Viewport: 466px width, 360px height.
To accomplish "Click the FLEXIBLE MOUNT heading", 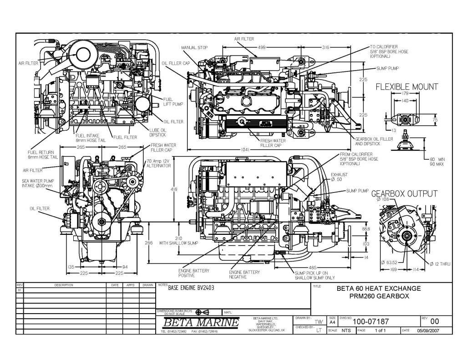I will point(406,86).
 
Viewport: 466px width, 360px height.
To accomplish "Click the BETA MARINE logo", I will point(200,323).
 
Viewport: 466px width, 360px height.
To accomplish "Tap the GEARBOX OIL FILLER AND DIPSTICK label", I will point(374,141).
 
